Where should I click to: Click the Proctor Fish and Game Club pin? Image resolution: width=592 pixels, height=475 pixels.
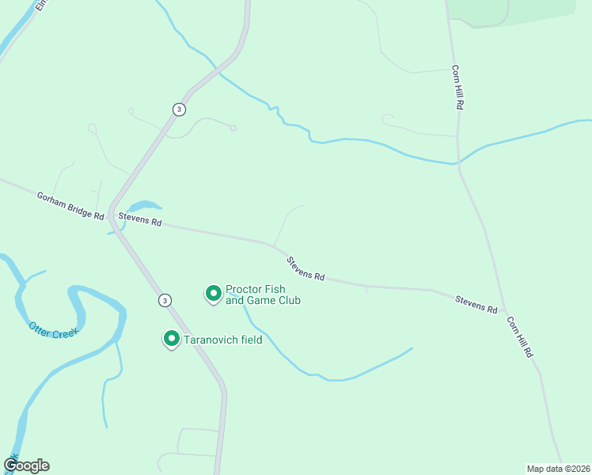pyautogui.click(x=213, y=294)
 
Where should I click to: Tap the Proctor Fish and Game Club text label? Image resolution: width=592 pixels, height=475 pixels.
pyautogui.click(x=263, y=294)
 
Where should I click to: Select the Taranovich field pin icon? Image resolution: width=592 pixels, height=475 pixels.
pyautogui.click(x=171, y=339)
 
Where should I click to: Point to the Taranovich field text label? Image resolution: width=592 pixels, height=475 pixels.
pyautogui.click(x=222, y=340)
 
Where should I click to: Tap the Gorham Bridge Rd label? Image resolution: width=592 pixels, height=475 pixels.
pyautogui.click(x=70, y=206)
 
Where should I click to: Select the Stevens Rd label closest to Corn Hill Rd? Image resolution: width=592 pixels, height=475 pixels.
pyautogui.click(x=476, y=303)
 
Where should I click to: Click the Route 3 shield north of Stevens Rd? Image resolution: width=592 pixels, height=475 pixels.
pyautogui.click(x=180, y=109)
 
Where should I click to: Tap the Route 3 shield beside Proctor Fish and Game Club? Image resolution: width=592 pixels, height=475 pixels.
pyautogui.click(x=164, y=300)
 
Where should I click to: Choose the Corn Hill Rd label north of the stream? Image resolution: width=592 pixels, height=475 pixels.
pyautogui.click(x=457, y=86)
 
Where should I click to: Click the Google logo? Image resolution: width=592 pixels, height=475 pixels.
pyautogui.click(x=27, y=465)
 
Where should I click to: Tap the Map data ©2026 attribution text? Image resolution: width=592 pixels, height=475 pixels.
pyautogui.click(x=558, y=468)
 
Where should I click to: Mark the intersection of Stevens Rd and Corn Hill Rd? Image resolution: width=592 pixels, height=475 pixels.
pyautogui.click(x=504, y=311)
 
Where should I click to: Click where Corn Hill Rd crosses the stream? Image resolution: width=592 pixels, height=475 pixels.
pyautogui.click(x=457, y=163)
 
